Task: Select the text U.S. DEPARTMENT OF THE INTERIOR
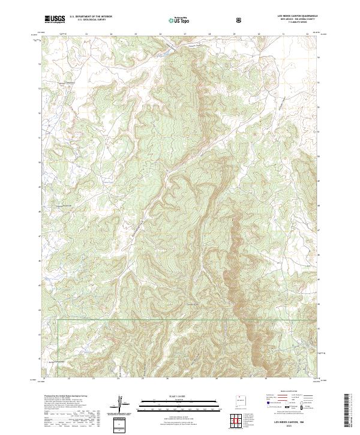coord(91,17)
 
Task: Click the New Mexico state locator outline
coord(241,401)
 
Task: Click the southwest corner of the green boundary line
coord(58,320)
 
